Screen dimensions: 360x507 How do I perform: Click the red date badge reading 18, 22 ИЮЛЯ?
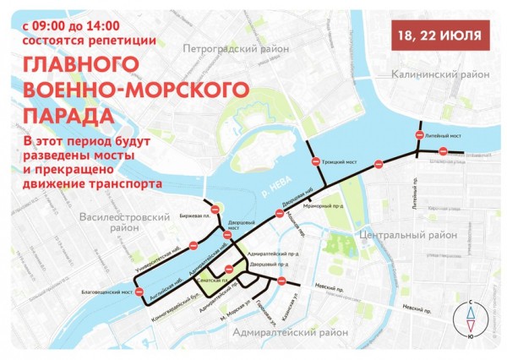442,35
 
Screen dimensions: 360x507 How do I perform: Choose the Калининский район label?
440,75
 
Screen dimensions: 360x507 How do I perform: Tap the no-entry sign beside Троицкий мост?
314,161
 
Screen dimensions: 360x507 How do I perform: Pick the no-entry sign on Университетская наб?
193,246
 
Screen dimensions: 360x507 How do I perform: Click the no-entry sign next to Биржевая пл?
214,207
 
